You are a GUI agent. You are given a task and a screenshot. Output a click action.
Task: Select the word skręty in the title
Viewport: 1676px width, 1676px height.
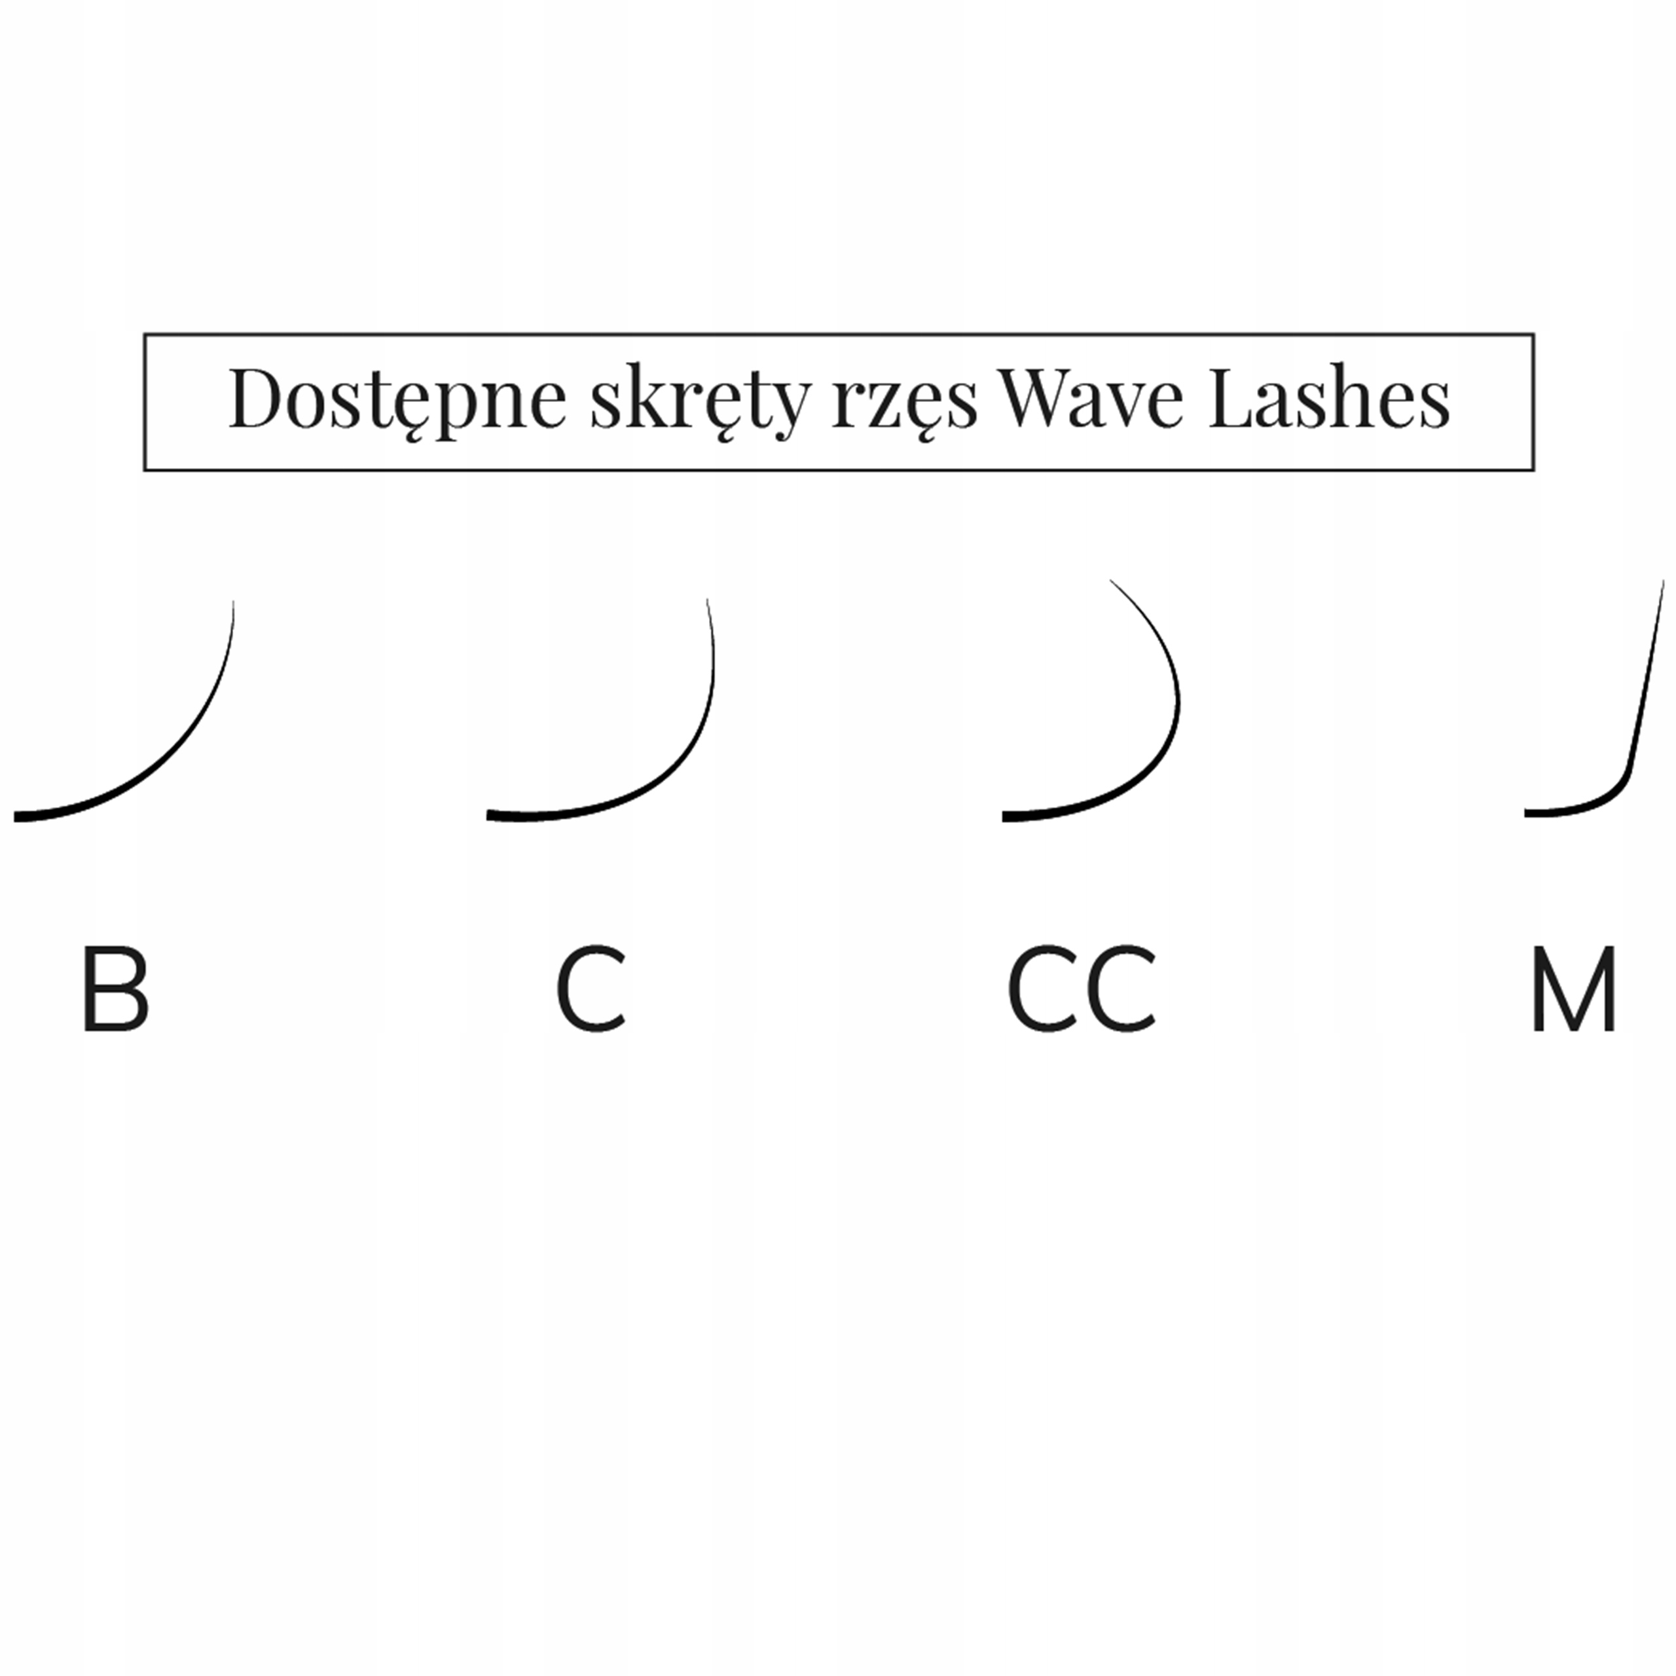pos(699,401)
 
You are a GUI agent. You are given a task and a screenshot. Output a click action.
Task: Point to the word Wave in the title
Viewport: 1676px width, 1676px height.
pos(1091,399)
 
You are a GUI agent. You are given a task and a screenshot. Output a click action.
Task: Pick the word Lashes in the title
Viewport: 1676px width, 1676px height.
pos(1329,399)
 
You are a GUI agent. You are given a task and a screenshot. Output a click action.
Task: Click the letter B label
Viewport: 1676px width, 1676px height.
pos(115,990)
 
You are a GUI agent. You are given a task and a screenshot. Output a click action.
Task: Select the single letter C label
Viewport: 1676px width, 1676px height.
pos(591,990)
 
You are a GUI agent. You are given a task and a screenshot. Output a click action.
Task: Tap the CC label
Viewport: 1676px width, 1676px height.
pos(1081,990)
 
